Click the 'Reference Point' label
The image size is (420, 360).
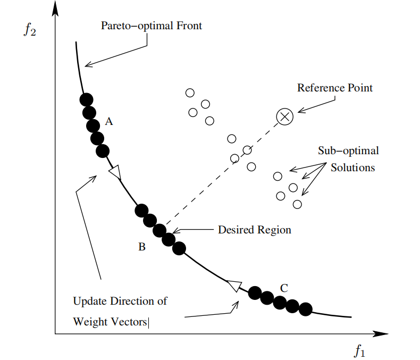tap(335, 88)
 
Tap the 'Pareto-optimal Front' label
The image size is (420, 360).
tap(152, 26)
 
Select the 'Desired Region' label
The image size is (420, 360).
tap(255, 230)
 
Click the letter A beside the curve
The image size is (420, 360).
tap(109, 122)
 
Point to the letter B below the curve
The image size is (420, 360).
tap(142, 247)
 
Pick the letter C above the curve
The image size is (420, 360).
tap(284, 288)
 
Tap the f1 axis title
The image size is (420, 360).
tap(360, 351)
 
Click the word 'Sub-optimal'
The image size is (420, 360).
tap(348, 150)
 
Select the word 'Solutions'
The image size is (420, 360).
tap(352, 168)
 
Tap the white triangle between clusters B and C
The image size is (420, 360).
tap(234, 286)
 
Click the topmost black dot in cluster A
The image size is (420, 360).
tap(86, 99)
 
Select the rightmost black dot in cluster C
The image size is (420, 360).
tap(305, 309)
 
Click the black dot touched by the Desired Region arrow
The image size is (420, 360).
tap(169, 239)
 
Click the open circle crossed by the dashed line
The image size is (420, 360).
tap(247, 150)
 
